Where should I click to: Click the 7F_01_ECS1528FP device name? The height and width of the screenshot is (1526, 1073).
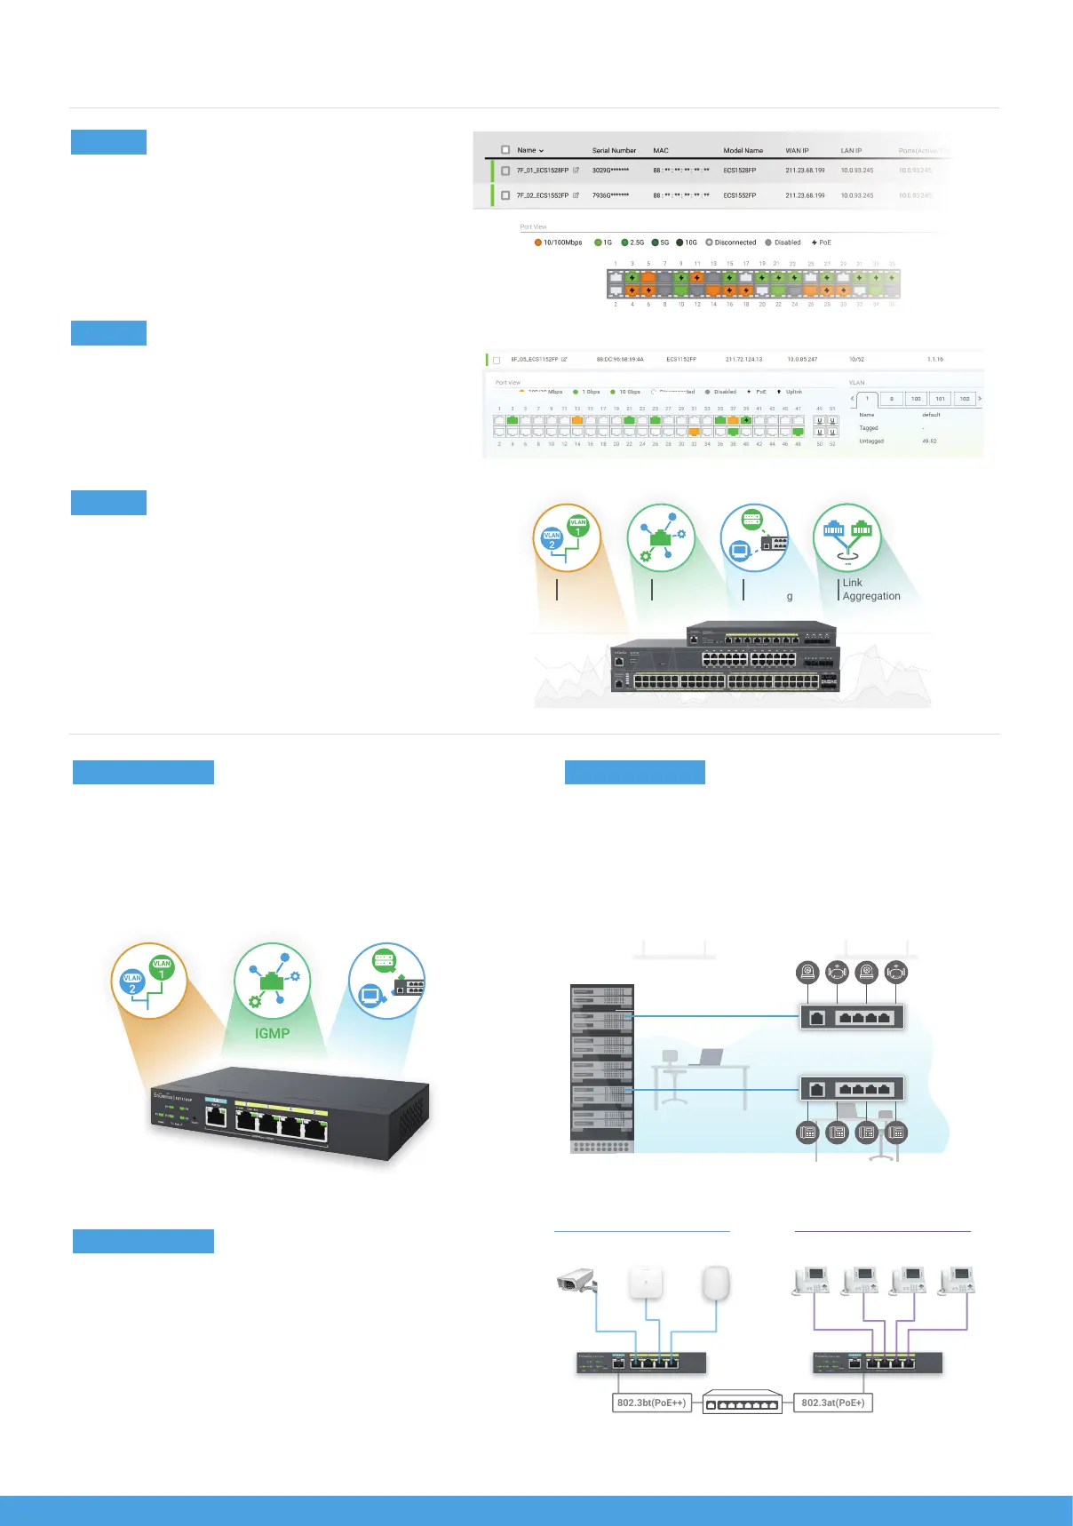[542, 171]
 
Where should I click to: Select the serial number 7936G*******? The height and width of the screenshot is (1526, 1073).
[610, 195]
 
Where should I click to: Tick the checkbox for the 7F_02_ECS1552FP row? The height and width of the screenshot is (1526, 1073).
[505, 195]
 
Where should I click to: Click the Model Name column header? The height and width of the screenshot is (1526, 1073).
[743, 151]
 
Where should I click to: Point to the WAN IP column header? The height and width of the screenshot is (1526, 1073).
[797, 151]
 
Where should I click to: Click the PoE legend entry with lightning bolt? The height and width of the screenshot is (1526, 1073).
[822, 242]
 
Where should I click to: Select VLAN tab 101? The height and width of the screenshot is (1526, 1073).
[940, 399]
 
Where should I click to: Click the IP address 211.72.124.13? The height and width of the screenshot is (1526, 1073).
[743, 360]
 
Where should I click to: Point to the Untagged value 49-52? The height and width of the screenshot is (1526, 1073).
[929, 441]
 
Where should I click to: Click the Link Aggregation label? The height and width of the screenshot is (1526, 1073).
[870, 590]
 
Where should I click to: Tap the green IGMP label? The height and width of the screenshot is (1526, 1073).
[272, 1033]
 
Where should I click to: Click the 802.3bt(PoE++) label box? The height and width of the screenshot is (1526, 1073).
[651, 1403]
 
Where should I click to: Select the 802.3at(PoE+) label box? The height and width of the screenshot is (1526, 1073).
[832, 1403]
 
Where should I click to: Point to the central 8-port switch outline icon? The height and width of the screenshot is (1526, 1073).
[742, 1403]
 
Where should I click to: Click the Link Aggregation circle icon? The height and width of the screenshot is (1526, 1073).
[847, 537]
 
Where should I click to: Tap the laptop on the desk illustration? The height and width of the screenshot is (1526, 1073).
[709, 1057]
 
